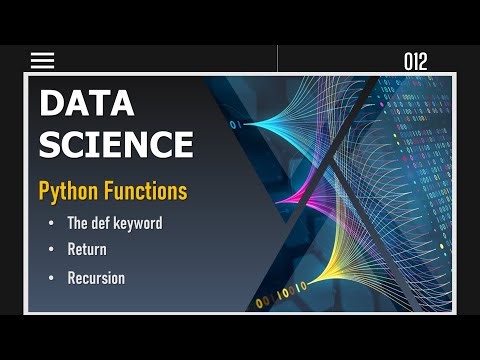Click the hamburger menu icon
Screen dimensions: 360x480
(42, 60)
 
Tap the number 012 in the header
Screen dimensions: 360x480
(415, 62)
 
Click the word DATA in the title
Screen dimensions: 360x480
(87, 103)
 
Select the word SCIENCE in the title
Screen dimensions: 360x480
(115, 144)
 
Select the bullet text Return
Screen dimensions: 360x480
(87, 249)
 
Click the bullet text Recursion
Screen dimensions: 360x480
(96, 278)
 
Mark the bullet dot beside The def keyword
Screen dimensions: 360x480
(51, 223)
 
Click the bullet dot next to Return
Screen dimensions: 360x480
(51, 249)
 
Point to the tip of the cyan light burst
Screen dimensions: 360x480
(251, 125)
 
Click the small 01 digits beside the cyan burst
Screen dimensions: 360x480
(236, 125)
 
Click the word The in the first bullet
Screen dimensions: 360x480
(78, 223)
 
